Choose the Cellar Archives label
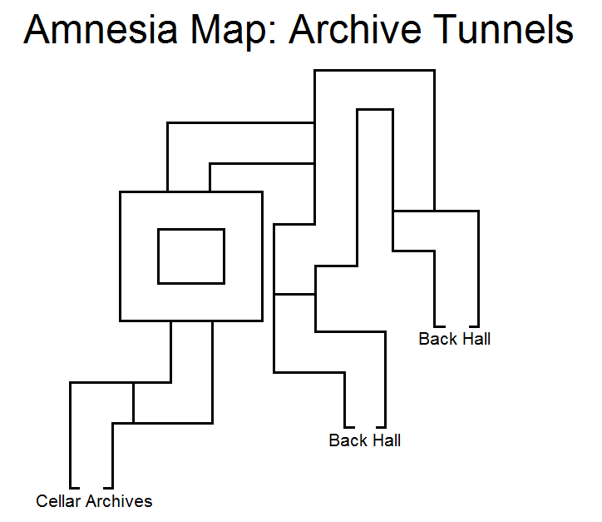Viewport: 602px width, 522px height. click(94, 501)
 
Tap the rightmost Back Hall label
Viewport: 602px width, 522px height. click(454, 339)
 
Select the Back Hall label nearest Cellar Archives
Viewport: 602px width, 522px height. click(364, 440)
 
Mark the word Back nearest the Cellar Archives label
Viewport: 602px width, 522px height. click(347, 440)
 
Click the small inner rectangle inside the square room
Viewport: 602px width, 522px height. click(191, 256)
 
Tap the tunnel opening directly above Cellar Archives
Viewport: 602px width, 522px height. click(91, 486)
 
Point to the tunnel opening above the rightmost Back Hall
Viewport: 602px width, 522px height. click(456, 324)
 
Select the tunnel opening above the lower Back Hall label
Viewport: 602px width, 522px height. click(365, 425)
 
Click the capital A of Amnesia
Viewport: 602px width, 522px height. click(38, 30)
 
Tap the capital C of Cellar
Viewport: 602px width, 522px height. click(42, 501)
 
